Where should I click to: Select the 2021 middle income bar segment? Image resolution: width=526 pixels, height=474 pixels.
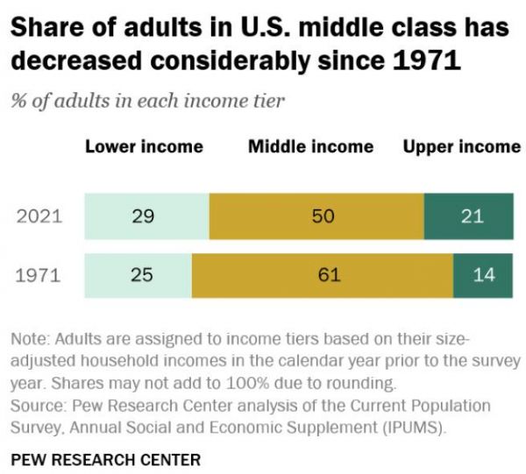[316, 216]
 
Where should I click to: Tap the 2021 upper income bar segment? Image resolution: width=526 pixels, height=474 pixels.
[469, 216]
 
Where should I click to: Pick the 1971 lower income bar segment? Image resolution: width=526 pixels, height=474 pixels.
[138, 275]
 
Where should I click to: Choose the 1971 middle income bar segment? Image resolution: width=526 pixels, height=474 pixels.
[322, 275]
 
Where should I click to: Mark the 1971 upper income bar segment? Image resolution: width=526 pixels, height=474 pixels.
[483, 275]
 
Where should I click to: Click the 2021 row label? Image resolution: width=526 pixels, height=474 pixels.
[40, 216]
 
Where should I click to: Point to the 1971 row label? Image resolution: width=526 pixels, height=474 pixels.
[40, 275]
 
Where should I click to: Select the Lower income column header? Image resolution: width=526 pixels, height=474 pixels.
[144, 146]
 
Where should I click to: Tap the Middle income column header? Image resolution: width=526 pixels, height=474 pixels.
[310, 146]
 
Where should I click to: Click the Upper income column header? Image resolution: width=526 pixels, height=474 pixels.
[461, 146]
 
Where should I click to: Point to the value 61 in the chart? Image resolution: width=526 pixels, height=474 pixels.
[329, 275]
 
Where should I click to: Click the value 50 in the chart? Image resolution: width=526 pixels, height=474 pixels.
[323, 216]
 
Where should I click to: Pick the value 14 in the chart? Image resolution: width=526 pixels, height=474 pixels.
[483, 275]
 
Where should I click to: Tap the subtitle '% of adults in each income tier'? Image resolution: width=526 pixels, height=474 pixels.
[147, 101]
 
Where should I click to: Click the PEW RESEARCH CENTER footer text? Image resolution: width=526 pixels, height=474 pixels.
[106, 459]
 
